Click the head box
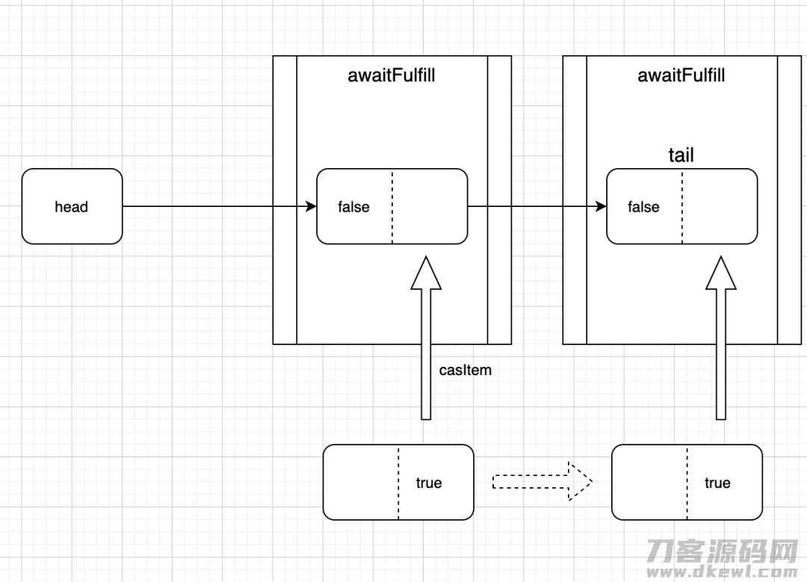click(x=72, y=206)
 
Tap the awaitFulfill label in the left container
click(x=391, y=75)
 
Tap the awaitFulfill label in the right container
click(x=681, y=75)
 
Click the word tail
click(x=681, y=155)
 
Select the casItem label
click(x=466, y=370)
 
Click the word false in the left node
click(x=353, y=207)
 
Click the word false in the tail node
click(x=643, y=207)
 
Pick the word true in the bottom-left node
click(x=429, y=483)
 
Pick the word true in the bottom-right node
click(x=717, y=483)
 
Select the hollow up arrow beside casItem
click(x=426, y=338)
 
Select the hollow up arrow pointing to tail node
click(x=721, y=338)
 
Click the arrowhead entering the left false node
click(x=311, y=206)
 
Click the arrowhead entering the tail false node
click(x=601, y=206)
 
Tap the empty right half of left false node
click(x=430, y=206)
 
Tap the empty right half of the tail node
click(x=720, y=206)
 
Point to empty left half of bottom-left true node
click(x=361, y=482)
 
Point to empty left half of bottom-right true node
click(x=649, y=482)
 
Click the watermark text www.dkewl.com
click(x=723, y=571)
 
